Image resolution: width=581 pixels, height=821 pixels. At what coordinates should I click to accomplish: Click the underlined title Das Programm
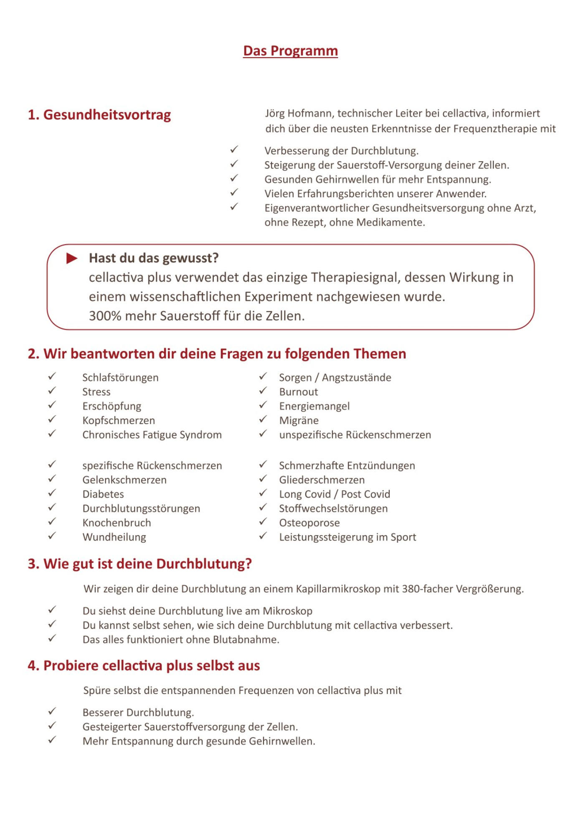[x=290, y=51]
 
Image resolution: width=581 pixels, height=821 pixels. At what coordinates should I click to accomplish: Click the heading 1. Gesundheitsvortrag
[x=99, y=114]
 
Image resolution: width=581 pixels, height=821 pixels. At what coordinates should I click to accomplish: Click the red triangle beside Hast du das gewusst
[x=72, y=258]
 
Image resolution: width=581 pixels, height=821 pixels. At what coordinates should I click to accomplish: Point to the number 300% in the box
[x=105, y=316]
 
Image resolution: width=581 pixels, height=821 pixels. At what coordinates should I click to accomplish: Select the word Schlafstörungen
[x=120, y=378]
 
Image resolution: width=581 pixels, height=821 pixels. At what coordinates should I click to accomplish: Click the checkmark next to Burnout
[x=263, y=391]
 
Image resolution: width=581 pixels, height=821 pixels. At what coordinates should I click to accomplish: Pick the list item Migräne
[x=299, y=420]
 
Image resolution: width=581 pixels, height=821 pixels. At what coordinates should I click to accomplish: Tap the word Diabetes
[x=103, y=494]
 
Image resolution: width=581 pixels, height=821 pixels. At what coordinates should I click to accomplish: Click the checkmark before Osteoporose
[x=263, y=522]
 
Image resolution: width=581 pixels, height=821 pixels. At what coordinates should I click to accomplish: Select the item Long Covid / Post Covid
[x=334, y=494]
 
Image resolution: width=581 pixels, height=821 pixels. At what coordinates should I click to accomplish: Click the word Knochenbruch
[x=117, y=523]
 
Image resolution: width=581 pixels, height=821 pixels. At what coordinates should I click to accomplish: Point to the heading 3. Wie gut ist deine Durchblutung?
[x=140, y=564]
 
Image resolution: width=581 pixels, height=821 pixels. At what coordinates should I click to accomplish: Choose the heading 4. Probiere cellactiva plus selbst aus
[x=144, y=666]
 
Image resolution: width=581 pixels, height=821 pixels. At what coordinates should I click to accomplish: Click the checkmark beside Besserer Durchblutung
[x=52, y=712]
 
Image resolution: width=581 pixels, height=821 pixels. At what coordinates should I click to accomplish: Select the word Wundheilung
[x=114, y=537]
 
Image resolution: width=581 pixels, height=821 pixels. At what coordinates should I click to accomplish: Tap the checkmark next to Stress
[x=52, y=391]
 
